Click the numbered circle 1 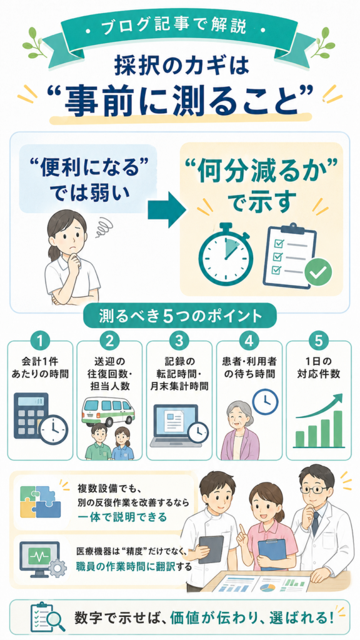[39, 341]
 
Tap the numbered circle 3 [179, 341]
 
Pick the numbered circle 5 [318, 341]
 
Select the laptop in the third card [174, 425]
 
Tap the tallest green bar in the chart [337, 429]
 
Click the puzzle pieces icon [40, 501]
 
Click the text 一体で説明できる [122, 517]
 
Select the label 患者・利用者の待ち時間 [249, 367]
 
